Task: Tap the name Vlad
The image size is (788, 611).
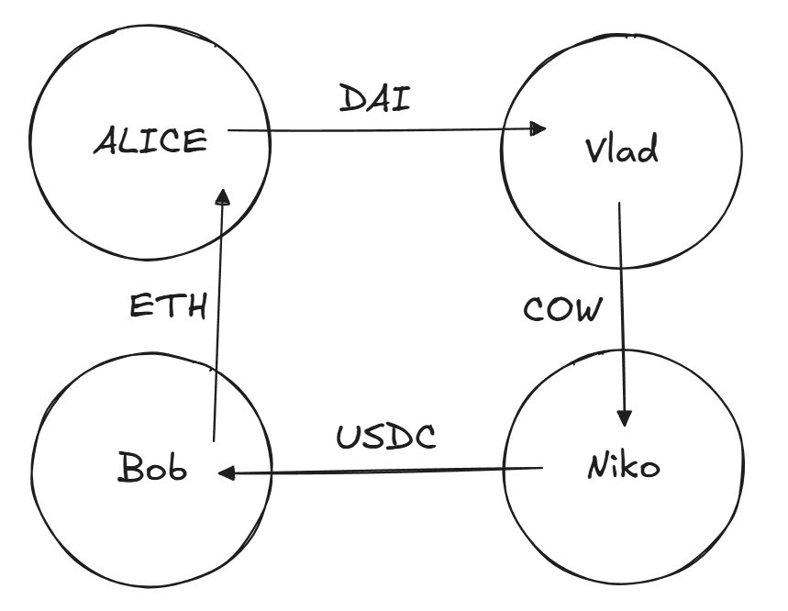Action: (x=621, y=150)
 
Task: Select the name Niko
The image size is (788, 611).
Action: (x=622, y=467)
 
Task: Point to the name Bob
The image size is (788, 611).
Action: (x=152, y=469)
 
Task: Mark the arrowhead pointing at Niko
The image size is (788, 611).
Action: (x=625, y=418)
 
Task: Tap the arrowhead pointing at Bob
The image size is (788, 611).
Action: (x=226, y=473)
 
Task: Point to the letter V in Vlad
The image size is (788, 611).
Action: (x=594, y=150)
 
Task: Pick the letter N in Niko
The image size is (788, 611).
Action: (x=594, y=467)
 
